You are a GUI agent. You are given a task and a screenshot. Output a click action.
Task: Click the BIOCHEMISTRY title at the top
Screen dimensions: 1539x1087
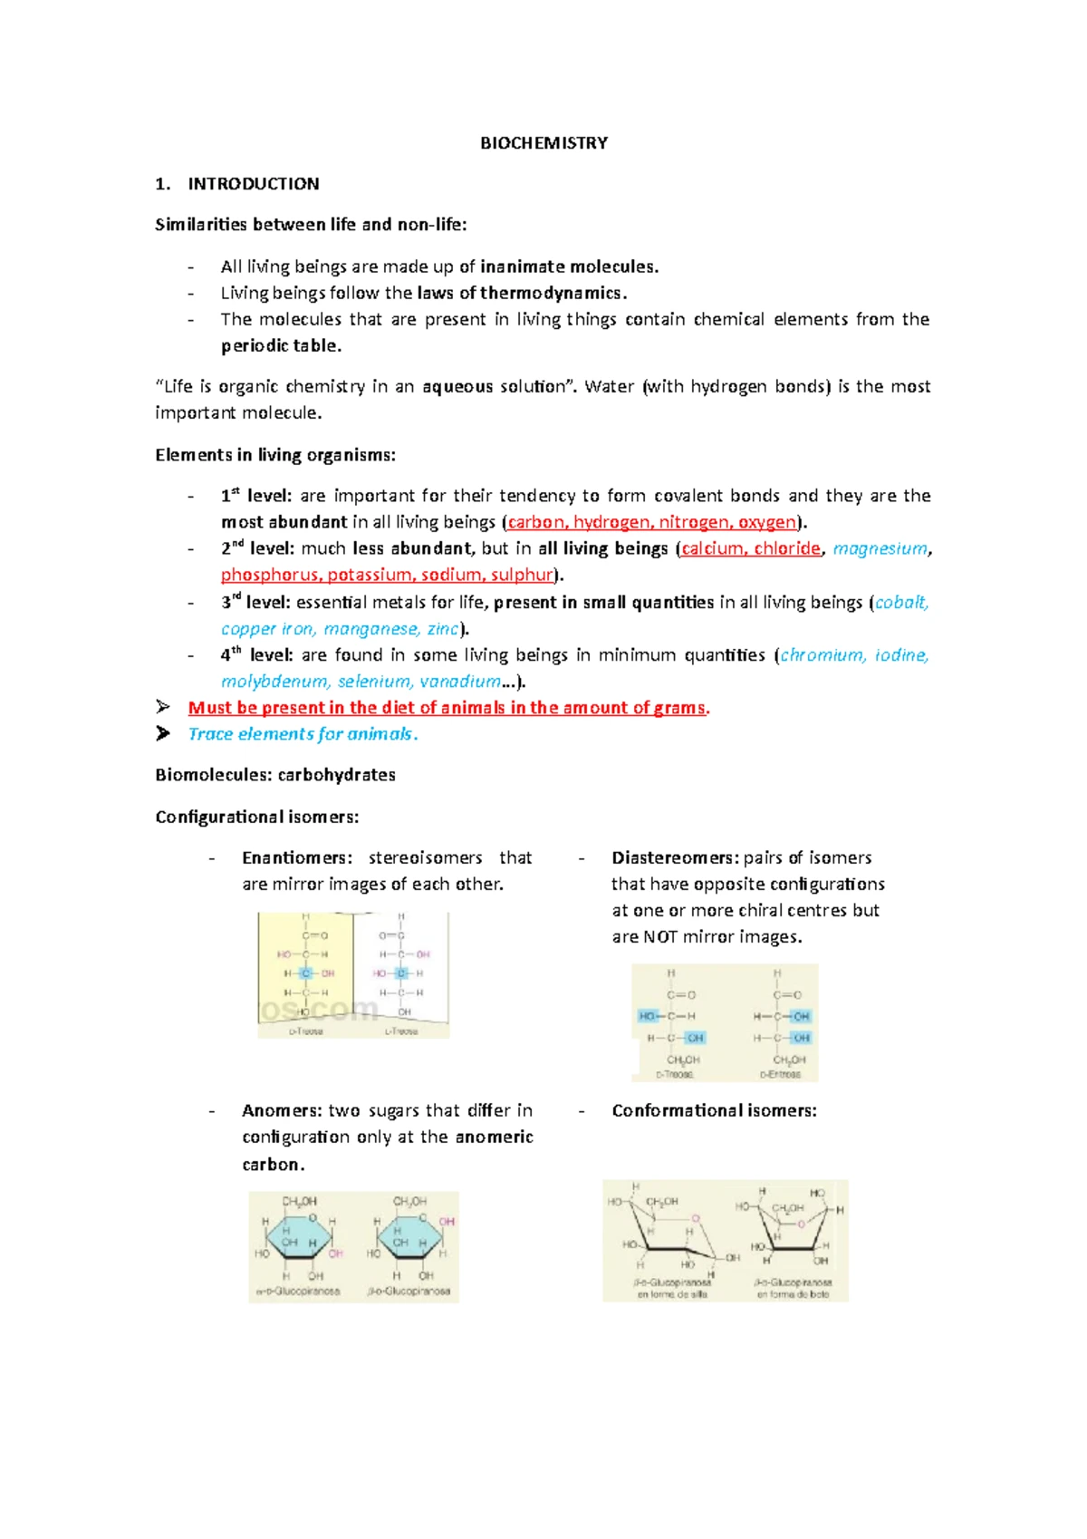coord(543,143)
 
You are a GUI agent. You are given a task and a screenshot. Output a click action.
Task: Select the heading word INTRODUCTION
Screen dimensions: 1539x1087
coord(254,184)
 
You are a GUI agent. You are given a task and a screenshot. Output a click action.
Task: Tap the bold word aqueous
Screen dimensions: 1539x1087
coord(457,386)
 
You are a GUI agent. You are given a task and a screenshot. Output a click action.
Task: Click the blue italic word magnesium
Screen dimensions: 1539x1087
coord(880,548)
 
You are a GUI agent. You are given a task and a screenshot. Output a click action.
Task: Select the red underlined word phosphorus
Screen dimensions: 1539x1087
coord(270,575)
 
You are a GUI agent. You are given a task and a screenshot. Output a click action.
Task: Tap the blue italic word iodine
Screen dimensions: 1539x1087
coord(901,654)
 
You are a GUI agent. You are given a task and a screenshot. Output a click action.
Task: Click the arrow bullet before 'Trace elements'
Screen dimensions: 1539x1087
coord(163,733)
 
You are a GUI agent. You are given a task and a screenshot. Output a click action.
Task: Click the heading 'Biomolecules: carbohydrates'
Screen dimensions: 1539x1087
coord(275,775)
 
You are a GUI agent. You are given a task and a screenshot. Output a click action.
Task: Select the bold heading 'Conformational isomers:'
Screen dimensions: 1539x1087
coord(714,1110)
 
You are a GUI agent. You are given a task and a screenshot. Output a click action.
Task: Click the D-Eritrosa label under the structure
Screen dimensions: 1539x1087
coord(780,1074)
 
